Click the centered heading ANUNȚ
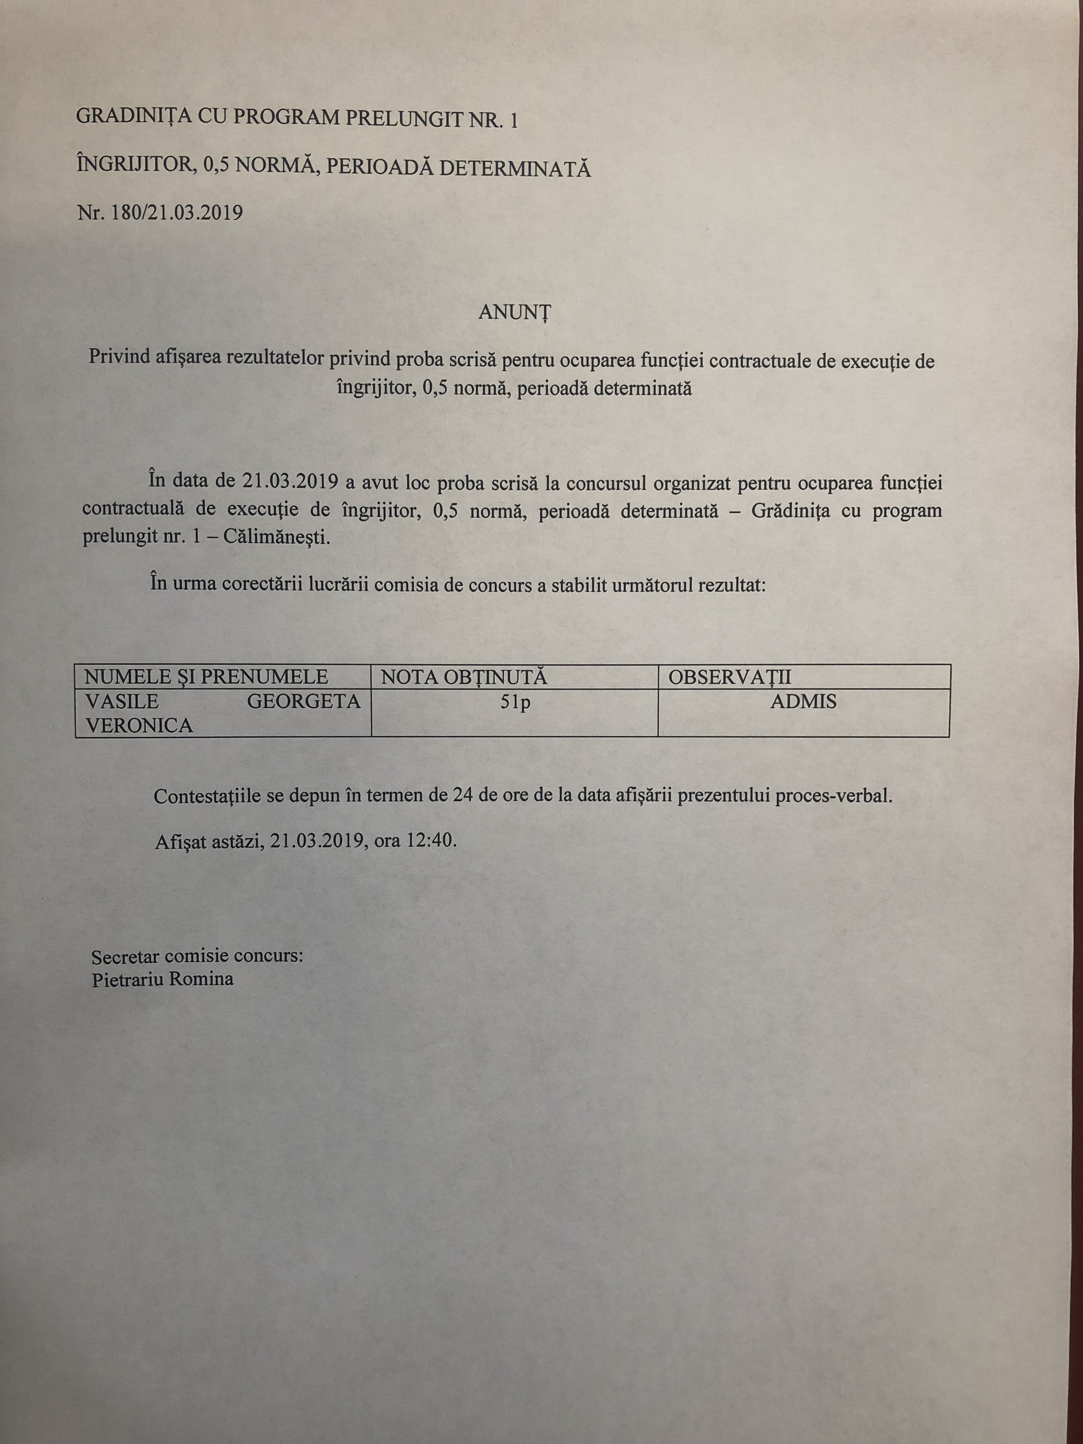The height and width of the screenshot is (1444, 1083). (514, 313)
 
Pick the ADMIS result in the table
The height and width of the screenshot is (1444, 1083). (804, 702)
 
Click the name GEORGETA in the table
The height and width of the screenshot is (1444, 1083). (304, 702)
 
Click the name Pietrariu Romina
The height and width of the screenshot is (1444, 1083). (163, 979)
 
